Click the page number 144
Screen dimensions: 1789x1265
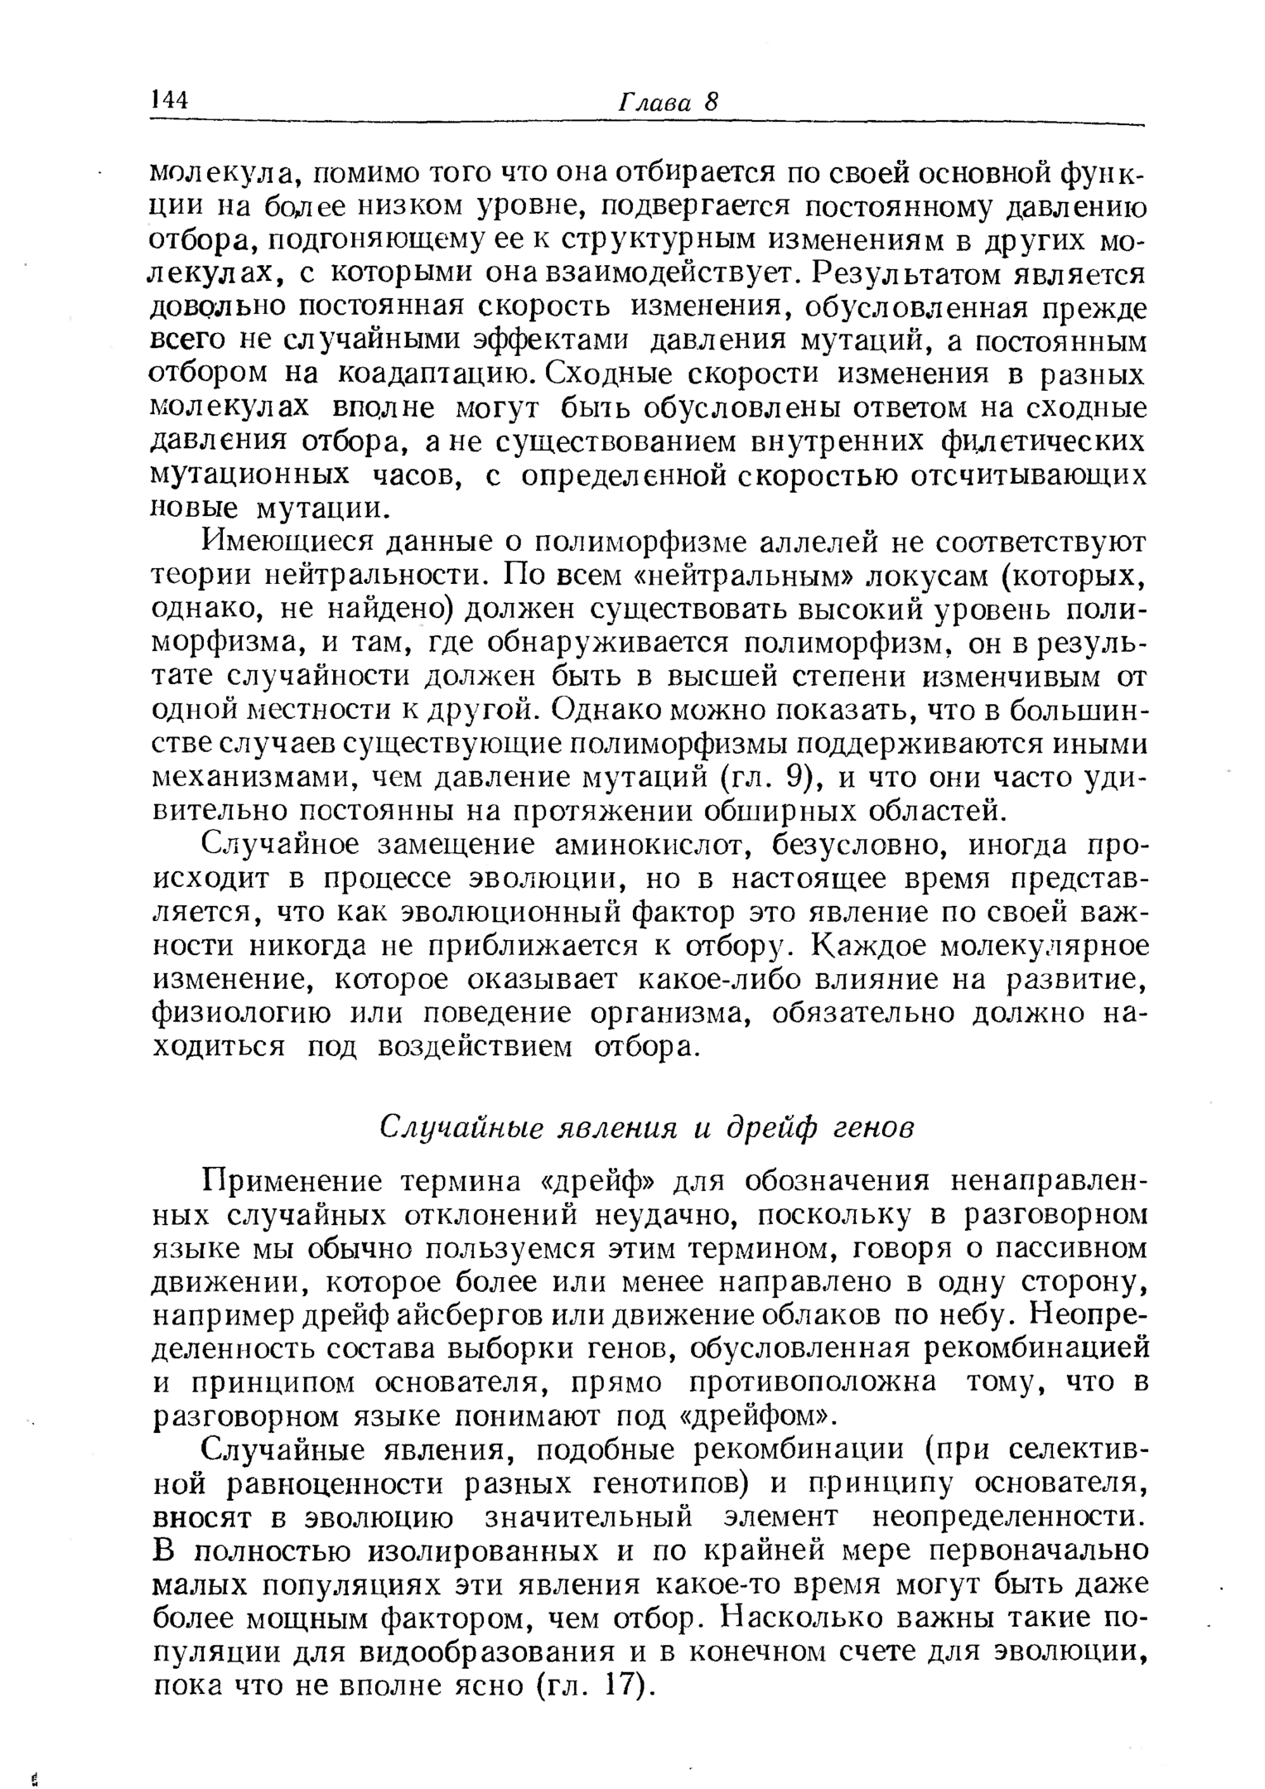(170, 100)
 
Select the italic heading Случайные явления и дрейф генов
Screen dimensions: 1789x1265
(647, 1127)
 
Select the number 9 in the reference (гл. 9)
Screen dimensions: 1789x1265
(793, 778)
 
